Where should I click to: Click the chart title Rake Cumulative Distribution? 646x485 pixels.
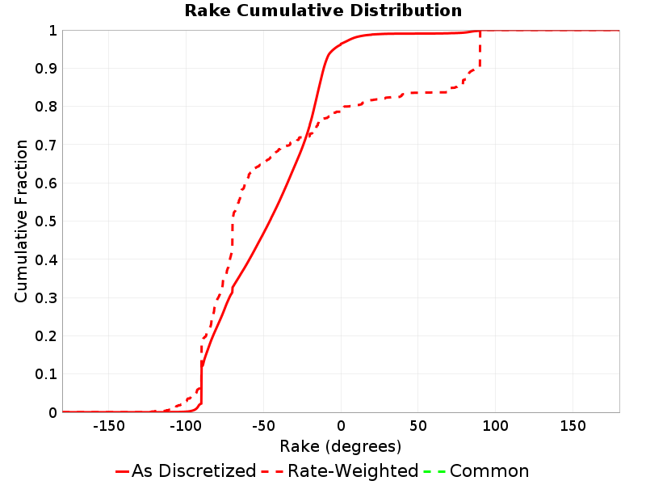(x=323, y=11)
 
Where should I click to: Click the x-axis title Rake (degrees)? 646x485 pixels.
(x=340, y=446)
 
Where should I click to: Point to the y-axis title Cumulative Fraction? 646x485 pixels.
(x=21, y=221)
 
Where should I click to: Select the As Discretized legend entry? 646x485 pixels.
(x=186, y=470)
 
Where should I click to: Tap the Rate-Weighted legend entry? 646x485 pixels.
(x=340, y=470)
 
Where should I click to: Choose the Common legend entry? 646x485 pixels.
(x=476, y=470)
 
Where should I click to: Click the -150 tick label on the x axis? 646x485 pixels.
(x=109, y=426)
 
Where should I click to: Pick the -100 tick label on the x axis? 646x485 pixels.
(x=186, y=426)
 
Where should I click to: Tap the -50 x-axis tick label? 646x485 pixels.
(x=263, y=426)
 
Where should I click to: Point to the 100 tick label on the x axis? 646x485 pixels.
(x=495, y=426)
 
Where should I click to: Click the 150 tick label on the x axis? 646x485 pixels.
(x=573, y=426)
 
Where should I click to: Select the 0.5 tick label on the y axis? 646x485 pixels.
(x=46, y=221)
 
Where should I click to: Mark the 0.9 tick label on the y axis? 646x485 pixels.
(x=46, y=69)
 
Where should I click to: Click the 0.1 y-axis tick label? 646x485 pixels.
(x=46, y=374)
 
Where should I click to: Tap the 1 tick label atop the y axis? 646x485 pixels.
(x=52, y=31)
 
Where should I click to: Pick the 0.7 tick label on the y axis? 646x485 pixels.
(x=46, y=145)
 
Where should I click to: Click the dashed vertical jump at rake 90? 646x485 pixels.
(x=480, y=48)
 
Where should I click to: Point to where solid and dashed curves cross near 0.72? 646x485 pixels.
(x=307, y=134)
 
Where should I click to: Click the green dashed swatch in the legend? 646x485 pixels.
(x=434, y=471)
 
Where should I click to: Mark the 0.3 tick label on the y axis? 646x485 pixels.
(x=46, y=297)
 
